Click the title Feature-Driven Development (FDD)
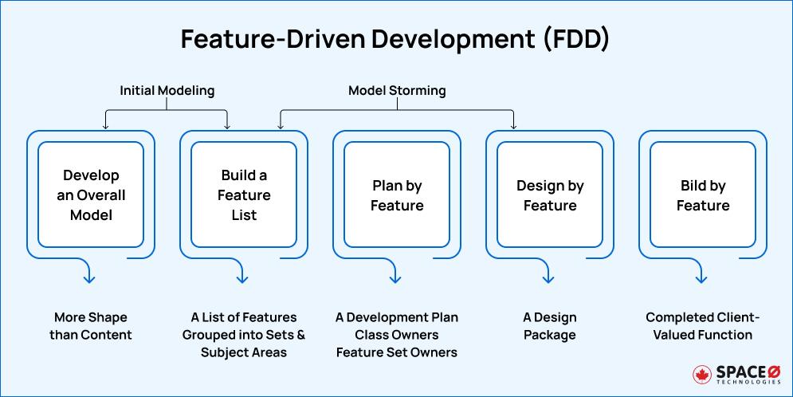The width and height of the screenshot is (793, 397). pos(395,39)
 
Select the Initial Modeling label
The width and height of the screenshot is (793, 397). pos(167,90)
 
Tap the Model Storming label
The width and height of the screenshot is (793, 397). pos(397,90)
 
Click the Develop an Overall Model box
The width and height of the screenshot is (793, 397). pos(91,195)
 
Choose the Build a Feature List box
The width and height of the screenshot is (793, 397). pos(244,195)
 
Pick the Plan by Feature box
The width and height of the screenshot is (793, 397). pos(397,195)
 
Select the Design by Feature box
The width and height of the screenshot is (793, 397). pos(550,195)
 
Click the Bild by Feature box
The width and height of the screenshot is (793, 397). pos(703,195)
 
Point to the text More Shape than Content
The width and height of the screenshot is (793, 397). pos(91,326)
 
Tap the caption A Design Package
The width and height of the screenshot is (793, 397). pos(550,326)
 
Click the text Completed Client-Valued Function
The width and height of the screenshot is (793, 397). pos(703,326)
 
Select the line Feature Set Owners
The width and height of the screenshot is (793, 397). pos(397,352)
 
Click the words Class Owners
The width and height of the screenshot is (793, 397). pos(397,335)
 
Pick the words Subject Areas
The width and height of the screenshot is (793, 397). pos(244,352)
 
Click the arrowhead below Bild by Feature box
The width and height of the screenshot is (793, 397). pos(701,279)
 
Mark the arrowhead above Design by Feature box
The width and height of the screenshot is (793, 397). pos(513,125)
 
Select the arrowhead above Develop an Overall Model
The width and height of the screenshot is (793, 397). pos(105,125)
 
